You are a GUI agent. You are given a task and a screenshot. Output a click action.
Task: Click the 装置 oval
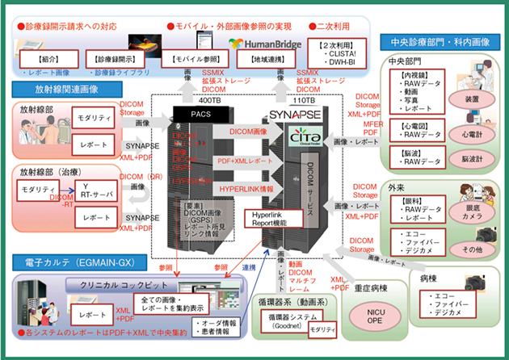pos(473,102)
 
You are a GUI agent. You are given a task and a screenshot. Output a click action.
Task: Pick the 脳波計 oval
pos(473,160)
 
